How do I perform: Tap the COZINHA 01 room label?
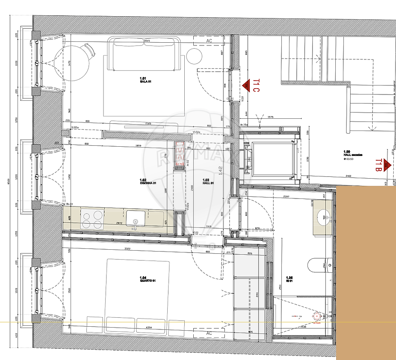148,181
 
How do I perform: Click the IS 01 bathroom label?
289,279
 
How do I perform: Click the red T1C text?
256,85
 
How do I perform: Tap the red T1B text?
379,165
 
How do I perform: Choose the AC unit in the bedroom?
209,333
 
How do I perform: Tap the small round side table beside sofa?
195,56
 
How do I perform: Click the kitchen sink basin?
135,219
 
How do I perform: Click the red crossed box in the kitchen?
180,153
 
